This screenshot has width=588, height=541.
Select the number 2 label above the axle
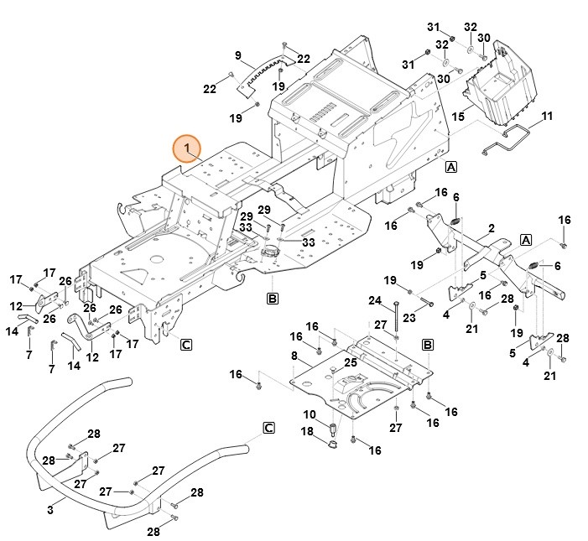tap(491, 227)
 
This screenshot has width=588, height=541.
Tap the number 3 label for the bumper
tap(50, 509)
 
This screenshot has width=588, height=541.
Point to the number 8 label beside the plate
tap(294, 356)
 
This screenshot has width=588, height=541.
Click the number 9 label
tap(238, 56)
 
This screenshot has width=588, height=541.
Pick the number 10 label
tap(308, 414)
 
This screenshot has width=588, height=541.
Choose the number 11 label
tap(547, 115)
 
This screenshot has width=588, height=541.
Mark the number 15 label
tap(458, 117)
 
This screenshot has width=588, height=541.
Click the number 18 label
tap(307, 431)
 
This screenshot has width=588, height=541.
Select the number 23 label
tap(409, 318)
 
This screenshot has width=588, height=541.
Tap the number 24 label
tap(375, 300)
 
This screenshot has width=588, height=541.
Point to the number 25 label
tap(351, 362)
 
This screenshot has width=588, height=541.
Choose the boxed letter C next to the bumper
tap(268, 428)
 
